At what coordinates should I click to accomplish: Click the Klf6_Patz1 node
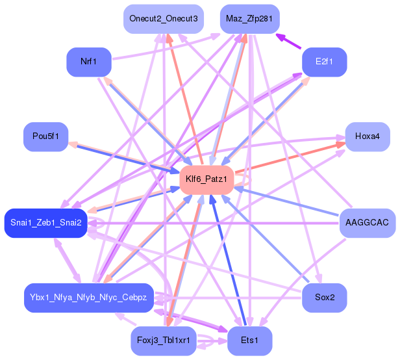point(206,179)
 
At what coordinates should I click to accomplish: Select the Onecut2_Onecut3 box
point(164,19)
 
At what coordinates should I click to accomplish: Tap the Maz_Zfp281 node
point(249,19)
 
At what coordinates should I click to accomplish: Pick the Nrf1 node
point(88,62)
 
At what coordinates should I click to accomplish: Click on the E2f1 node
point(324,62)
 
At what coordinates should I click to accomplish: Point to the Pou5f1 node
point(46,136)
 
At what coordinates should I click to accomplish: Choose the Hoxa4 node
point(368,136)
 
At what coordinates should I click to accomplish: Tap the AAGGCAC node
point(368,223)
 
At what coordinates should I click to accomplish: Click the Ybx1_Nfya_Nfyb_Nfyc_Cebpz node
point(88,298)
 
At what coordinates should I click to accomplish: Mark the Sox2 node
point(324,298)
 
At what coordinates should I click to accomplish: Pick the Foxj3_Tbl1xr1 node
point(164,340)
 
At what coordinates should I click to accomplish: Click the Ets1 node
point(249,340)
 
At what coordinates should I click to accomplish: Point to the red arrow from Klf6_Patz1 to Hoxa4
point(292,159)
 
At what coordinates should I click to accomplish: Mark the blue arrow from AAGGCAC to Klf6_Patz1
point(292,204)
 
